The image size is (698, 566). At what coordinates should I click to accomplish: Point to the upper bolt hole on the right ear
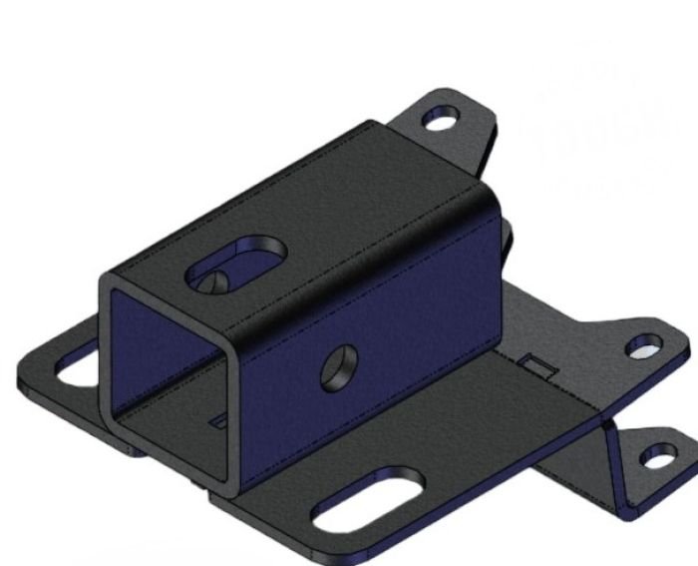(x=642, y=347)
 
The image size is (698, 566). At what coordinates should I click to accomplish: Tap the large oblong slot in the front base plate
(x=367, y=502)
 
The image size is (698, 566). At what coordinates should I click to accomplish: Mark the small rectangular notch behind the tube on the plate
(x=538, y=366)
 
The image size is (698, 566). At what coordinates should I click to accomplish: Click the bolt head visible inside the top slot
(x=210, y=283)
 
